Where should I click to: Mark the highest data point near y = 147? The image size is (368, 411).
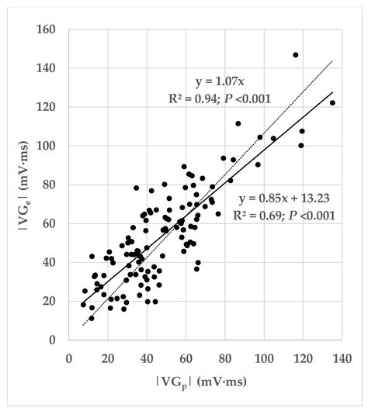(x=296, y=55)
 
